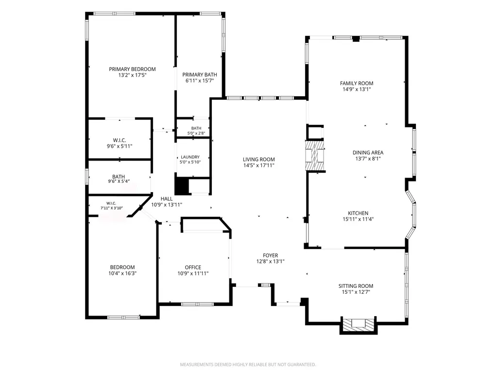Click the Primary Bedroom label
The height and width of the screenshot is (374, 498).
(x=133, y=69)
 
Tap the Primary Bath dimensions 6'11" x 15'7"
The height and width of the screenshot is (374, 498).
(x=200, y=81)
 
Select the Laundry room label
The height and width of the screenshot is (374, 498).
(x=190, y=157)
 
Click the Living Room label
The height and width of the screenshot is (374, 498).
(x=259, y=160)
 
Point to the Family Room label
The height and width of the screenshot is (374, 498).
(x=357, y=83)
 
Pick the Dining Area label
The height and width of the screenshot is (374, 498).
(x=368, y=153)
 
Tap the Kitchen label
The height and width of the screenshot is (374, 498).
(x=358, y=213)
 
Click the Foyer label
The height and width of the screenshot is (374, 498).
(x=271, y=255)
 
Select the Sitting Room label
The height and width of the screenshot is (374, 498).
(x=356, y=286)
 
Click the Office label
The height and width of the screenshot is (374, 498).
(x=193, y=267)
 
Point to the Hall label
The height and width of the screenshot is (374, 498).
(x=167, y=199)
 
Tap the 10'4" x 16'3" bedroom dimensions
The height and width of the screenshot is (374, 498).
(x=122, y=273)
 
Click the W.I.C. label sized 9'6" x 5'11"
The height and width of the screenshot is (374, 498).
(x=120, y=140)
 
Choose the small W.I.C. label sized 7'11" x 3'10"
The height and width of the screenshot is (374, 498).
(x=111, y=203)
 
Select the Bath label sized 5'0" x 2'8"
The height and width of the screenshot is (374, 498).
(x=196, y=128)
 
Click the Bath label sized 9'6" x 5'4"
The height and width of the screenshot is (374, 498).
(x=119, y=177)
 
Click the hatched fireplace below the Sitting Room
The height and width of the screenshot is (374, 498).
(x=359, y=324)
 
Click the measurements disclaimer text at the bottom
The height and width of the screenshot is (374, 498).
(x=248, y=364)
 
